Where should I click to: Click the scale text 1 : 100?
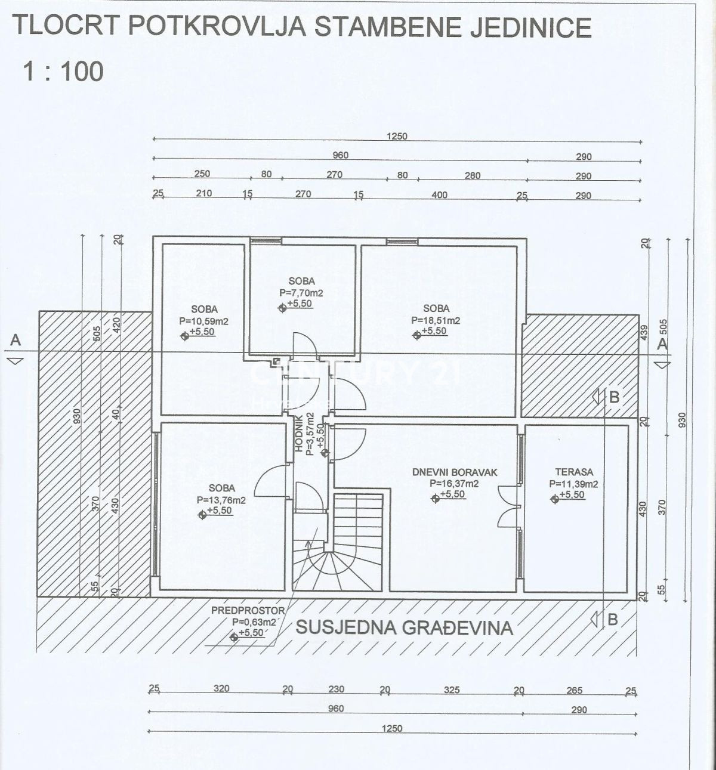(63, 72)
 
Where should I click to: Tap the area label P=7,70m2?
(301, 293)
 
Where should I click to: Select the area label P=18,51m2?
(436, 320)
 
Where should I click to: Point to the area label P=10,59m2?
(204, 321)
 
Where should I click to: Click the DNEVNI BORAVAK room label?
(455, 472)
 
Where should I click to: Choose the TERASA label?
(573, 472)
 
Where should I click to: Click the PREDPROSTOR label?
(248, 611)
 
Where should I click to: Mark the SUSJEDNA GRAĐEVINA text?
(405, 627)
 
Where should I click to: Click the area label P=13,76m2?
(221, 500)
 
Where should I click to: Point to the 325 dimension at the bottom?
(452, 690)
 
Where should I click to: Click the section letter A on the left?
(16, 340)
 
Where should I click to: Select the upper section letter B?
(613, 397)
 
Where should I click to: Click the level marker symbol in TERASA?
(554, 495)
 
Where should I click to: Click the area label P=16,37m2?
(454, 484)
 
